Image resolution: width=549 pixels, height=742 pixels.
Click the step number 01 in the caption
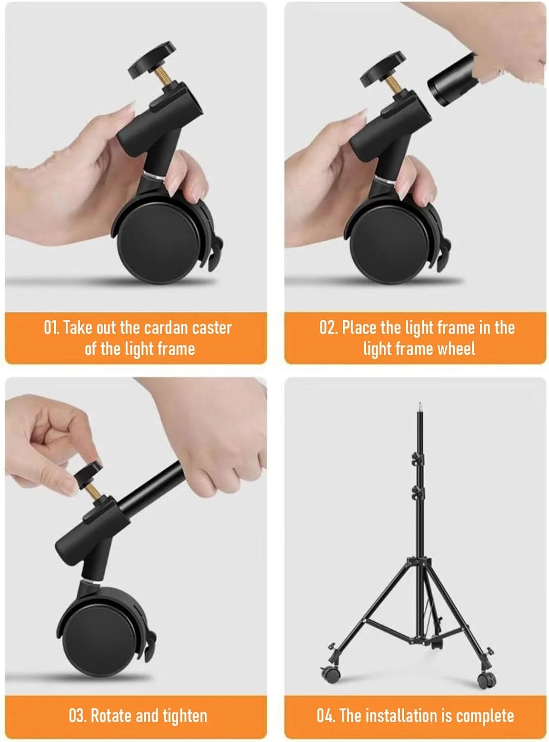pyautogui.click(x=51, y=327)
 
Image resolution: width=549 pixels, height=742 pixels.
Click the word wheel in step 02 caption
pyautogui.click(x=456, y=349)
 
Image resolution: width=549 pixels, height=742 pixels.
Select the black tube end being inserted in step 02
pyautogui.click(x=452, y=80)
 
